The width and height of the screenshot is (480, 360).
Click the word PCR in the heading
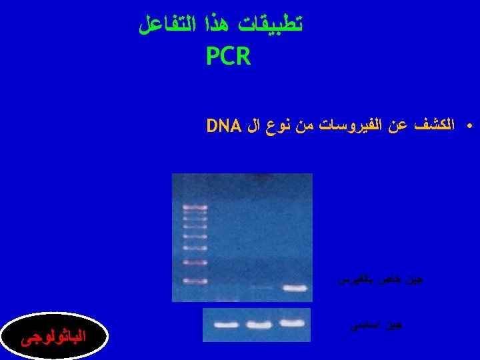(228, 57)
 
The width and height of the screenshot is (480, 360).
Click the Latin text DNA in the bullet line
(223, 125)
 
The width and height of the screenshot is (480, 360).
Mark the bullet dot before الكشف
(469, 125)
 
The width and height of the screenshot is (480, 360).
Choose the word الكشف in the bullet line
(434, 125)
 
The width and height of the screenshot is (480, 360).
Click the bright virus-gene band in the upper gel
(294, 289)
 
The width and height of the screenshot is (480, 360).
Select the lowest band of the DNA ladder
(195, 281)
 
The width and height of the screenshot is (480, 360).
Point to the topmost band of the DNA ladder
(195, 208)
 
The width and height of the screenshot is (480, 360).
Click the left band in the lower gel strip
(227, 325)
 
